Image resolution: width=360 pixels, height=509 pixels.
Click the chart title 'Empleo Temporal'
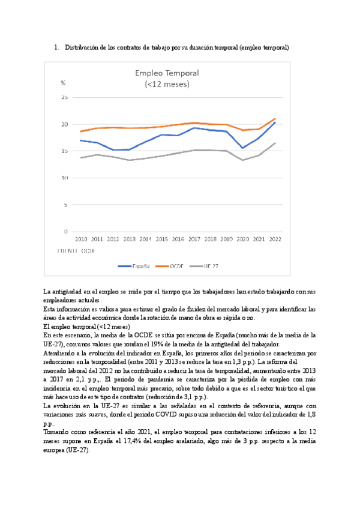(167, 73)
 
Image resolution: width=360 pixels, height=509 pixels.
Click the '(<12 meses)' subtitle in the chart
(167, 84)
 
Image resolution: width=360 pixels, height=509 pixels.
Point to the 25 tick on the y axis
(65, 97)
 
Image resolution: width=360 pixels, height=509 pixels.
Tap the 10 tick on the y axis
(65, 178)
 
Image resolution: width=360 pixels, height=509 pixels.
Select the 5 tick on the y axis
(66, 205)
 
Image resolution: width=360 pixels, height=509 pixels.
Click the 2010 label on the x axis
(80, 239)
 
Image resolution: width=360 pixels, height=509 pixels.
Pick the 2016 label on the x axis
(178, 239)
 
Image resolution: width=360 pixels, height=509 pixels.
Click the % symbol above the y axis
(63, 83)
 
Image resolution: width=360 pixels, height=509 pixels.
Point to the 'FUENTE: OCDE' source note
(75, 249)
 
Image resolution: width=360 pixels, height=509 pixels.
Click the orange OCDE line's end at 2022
(275, 119)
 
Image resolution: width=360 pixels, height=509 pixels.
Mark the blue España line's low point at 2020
(242, 148)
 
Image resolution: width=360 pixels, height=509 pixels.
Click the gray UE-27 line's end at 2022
(275, 143)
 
